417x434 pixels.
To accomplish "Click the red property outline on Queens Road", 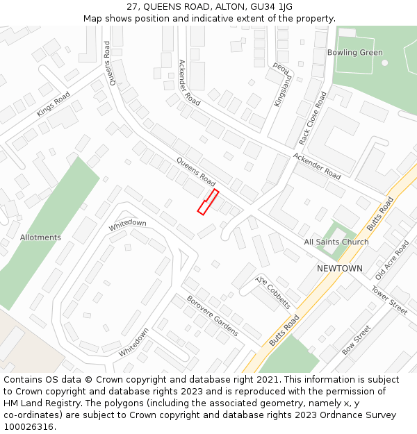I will pos(208,201).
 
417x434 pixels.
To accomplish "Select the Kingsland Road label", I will pos(283,85).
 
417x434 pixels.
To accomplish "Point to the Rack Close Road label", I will pos(312,117).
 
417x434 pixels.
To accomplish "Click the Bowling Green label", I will pos(354,53).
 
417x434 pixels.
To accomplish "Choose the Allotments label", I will pos(40,237).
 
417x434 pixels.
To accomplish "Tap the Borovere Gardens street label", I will pos(212,315).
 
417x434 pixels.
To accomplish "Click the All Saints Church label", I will pos(336,242).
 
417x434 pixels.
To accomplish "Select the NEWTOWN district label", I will pos(339,269).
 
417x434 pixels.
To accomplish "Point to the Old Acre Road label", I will pos(393,259).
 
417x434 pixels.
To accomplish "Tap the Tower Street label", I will pos(389,300).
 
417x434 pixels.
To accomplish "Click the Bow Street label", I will pos(357,340).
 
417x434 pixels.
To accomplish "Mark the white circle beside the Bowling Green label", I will pos(385,62).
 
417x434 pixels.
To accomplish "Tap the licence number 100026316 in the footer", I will pos(28,426).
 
